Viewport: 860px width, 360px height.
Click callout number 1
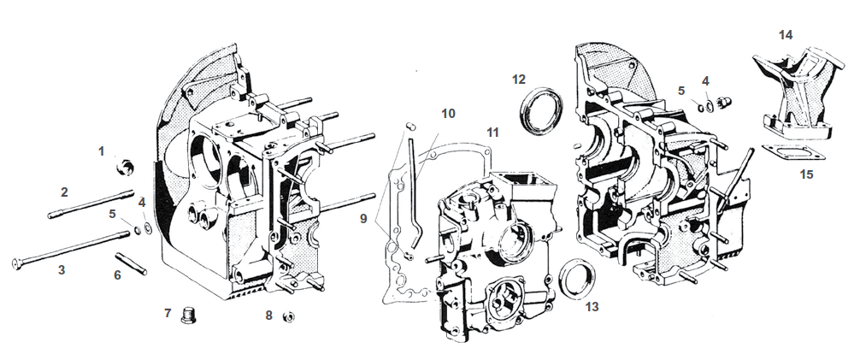[x=101, y=150]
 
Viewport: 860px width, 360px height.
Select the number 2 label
[x=63, y=192]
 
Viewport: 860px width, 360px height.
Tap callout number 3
[x=61, y=270]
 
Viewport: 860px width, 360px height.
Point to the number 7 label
[x=168, y=313]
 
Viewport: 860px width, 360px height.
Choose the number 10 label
[x=449, y=114]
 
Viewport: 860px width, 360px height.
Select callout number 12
[x=519, y=80]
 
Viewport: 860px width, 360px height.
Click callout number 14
[x=786, y=34]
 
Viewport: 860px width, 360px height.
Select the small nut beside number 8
[x=288, y=316]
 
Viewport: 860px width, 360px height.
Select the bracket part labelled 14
[x=791, y=90]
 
